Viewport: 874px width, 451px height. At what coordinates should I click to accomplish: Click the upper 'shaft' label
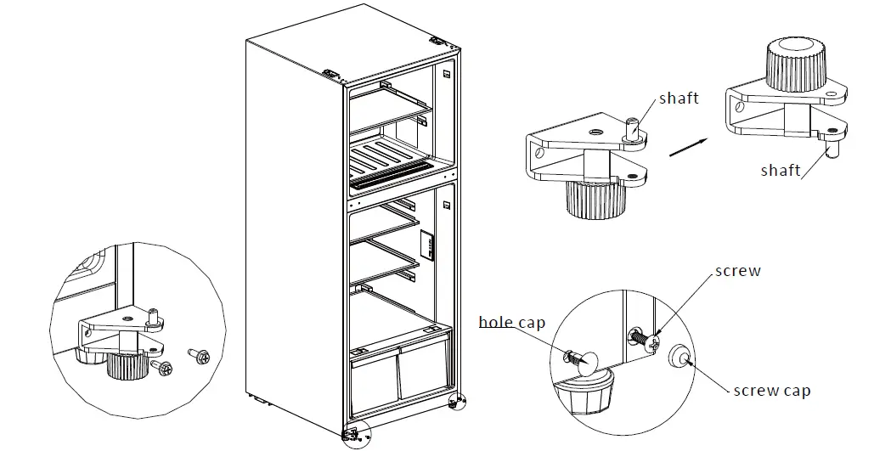679,99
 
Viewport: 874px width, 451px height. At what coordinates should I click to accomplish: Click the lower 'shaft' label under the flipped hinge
780,170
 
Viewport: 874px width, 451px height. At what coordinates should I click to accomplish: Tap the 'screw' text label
737,272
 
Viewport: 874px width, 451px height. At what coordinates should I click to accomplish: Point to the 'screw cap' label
771,391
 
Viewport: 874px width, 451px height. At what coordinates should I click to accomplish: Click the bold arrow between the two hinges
689,146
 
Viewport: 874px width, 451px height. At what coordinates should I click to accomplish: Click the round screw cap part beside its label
680,356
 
